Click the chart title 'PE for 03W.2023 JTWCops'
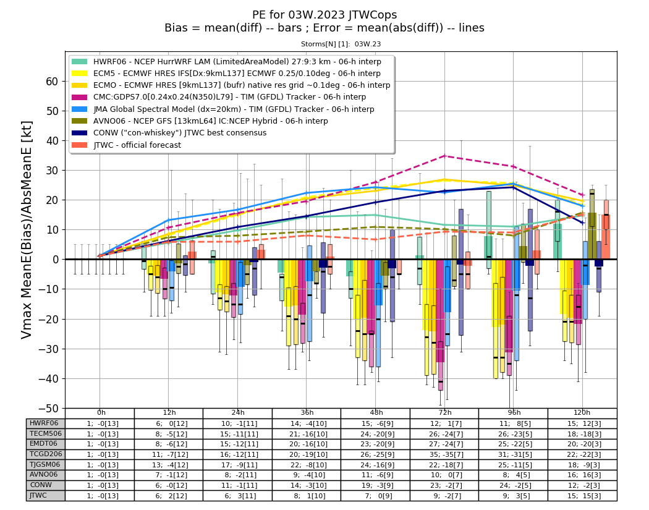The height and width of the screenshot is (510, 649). click(324, 15)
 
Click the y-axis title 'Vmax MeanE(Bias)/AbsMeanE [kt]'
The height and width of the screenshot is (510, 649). click(26, 230)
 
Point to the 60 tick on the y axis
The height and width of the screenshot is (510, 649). click(52, 81)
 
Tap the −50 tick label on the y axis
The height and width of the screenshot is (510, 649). click(48, 409)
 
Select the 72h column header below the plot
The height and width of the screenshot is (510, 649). click(445, 413)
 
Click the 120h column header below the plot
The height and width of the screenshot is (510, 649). click(582, 413)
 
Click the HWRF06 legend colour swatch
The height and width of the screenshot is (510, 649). click(80, 62)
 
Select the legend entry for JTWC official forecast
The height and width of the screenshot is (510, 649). click(127, 145)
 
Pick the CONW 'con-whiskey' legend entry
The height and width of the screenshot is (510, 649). click(169, 133)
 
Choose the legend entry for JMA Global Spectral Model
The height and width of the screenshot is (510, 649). click(223, 109)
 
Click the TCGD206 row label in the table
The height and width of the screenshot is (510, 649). click(46, 454)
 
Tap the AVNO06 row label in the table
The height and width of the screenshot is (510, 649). click(43, 474)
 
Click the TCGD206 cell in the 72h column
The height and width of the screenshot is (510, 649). click(445, 454)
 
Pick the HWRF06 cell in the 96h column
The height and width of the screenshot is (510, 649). click(514, 424)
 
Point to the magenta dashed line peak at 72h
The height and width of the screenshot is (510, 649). click(444, 156)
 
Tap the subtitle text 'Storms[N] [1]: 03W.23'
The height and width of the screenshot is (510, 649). click(341, 44)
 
